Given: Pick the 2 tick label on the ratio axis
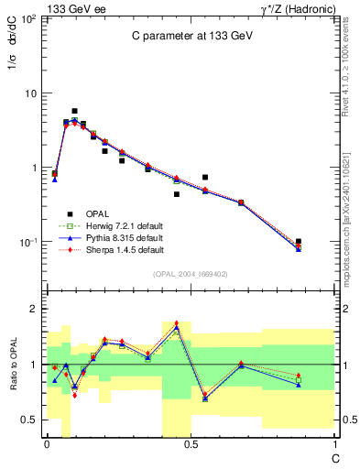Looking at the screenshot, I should coord(33,310).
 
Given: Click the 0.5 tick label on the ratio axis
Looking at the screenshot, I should coord(29,420).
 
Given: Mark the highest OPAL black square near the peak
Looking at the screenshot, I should coord(74,111).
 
